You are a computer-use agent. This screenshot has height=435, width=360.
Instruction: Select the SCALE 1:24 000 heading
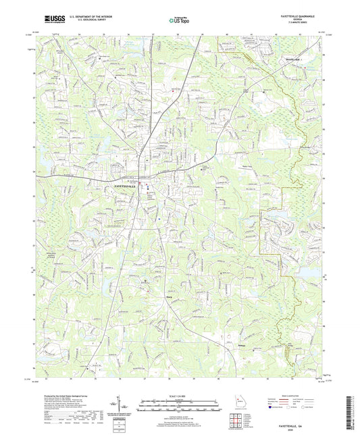coord(180,396)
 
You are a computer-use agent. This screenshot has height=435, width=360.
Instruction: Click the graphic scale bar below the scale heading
coord(180,405)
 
